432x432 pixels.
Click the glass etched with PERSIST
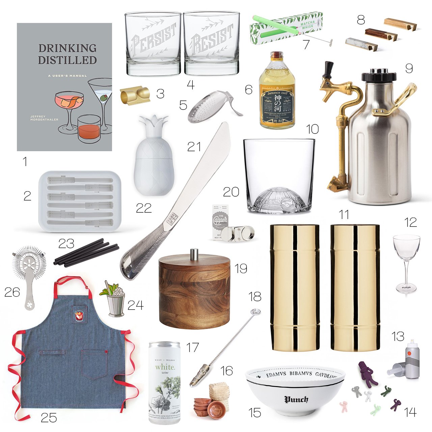click(x=153, y=44)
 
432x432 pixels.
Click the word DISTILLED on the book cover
click(x=67, y=60)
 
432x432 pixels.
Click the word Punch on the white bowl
click(x=296, y=400)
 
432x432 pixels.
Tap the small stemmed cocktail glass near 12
click(x=406, y=263)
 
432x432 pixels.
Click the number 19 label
click(x=241, y=269)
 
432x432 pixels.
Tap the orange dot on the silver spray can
click(x=407, y=353)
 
